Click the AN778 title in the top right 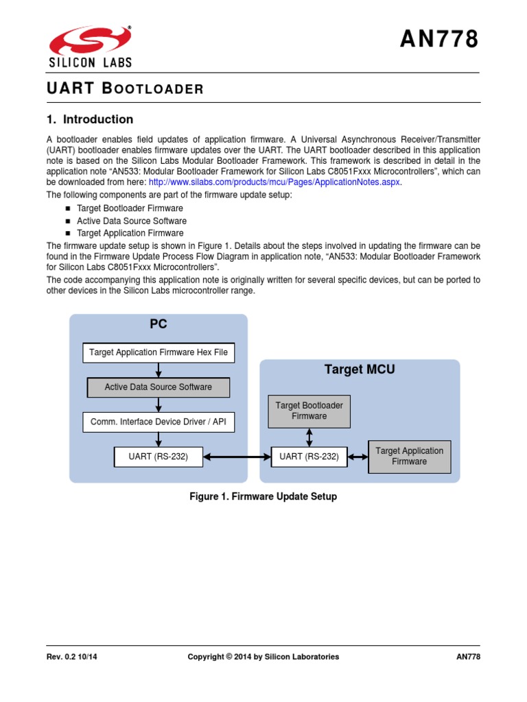click(x=439, y=40)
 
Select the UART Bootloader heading click(x=125, y=88)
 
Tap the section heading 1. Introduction click(x=89, y=119)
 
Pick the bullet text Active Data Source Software click(x=132, y=221)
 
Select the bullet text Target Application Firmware click(x=130, y=233)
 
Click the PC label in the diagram click(x=159, y=324)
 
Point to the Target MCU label click(x=360, y=370)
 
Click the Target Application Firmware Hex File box click(x=159, y=353)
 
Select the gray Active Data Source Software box click(x=159, y=387)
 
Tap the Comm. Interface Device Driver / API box click(x=159, y=422)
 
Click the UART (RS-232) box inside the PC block click(x=159, y=457)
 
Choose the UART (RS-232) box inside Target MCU click(x=309, y=457)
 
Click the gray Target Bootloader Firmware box click(x=309, y=411)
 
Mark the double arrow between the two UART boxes click(x=237, y=457)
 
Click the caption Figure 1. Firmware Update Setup click(x=263, y=496)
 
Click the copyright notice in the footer click(x=263, y=657)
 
